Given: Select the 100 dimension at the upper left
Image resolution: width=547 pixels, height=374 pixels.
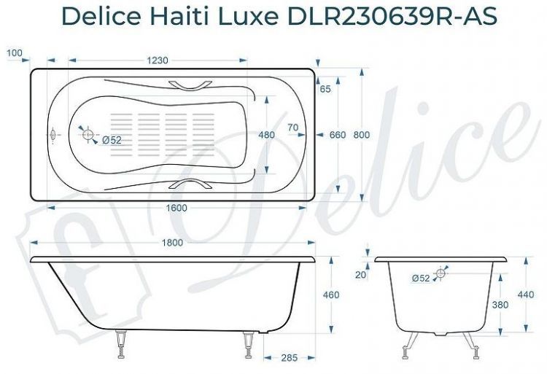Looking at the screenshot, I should point(15,52).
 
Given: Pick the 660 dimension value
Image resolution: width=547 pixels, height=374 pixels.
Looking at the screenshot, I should point(337,135).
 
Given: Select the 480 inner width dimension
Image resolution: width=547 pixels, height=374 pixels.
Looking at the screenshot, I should point(267,135).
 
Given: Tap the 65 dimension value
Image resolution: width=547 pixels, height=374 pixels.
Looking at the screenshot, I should point(325,89).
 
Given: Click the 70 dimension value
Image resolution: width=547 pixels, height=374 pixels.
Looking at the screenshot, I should point(293,128).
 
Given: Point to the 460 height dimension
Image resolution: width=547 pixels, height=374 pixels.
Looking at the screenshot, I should point(331,295).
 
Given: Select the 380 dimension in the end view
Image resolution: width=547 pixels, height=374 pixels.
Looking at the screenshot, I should point(500,305).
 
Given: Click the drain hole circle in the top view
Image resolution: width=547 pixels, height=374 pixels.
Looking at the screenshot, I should point(88,135).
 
